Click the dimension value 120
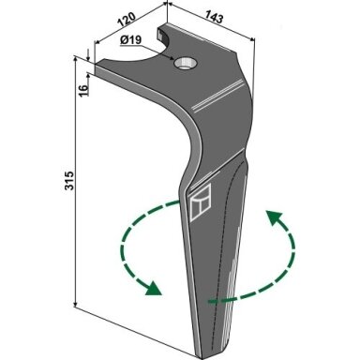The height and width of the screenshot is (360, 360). tap(127, 20)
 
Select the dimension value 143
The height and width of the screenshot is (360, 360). tap(215, 17)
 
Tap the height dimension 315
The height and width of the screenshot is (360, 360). tap(69, 180)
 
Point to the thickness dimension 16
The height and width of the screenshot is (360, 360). tap(83, 90)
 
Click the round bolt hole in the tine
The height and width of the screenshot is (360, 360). tap(186, 64)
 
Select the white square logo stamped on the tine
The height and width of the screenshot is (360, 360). tap(201, 202)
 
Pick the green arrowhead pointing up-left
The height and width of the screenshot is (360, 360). tap(274, 218)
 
